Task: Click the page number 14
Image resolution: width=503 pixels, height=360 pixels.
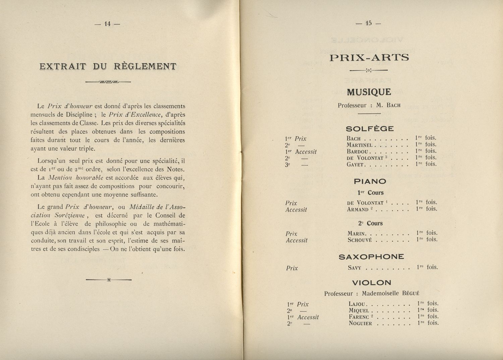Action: click(x=107, y=24)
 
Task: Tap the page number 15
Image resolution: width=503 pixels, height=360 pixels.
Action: click(x=369, y=23)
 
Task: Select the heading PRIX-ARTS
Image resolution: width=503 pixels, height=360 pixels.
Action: click(x=369, y=58)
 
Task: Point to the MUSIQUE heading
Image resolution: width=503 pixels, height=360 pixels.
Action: click(x=369, y=92)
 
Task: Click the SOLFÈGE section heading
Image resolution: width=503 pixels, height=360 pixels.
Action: click(x=370, y=129)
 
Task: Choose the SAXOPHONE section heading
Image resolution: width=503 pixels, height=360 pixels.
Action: click(x=371, y=257)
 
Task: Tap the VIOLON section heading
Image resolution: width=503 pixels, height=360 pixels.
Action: click(x=372, y=283)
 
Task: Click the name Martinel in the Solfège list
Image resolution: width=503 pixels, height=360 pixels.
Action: click(x=359, y=145)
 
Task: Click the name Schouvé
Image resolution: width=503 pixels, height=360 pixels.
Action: click(x=360, y=240)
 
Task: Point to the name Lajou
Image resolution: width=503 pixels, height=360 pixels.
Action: click(x=357, y=304)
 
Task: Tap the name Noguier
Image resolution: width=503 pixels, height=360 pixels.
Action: click(x=360, y=323)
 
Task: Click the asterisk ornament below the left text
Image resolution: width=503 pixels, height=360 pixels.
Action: click(x=109, y=280)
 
